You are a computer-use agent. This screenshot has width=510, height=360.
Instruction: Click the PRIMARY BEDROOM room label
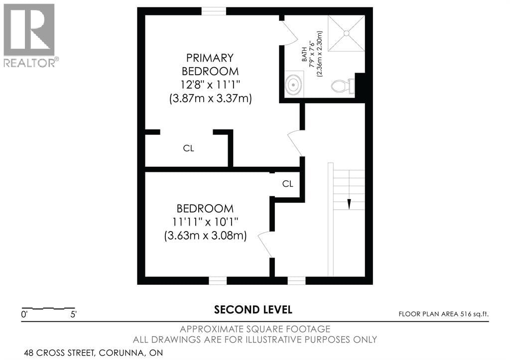(x=210, y=64)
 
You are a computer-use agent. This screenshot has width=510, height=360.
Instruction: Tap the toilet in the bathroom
(x=343, y=86)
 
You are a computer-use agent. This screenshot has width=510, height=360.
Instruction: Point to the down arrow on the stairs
(x=349, y=204)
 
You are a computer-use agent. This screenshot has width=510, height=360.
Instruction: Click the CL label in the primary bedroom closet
(x=188, y=148)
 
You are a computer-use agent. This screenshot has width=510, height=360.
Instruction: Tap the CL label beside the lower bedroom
(x=287, y=184)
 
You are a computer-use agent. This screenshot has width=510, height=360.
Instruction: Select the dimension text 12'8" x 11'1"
(x=210, y=85)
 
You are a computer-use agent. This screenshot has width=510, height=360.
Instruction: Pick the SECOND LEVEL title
(x=253, y=310)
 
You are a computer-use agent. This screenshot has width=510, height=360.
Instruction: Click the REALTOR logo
(x=30, y=35)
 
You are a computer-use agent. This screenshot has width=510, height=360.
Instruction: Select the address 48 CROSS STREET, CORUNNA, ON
(x=93, y=353)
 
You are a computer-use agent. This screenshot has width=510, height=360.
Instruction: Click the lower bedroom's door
(x=265, y=244)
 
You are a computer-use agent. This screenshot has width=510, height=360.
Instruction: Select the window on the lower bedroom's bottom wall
(x=218, y=280)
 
